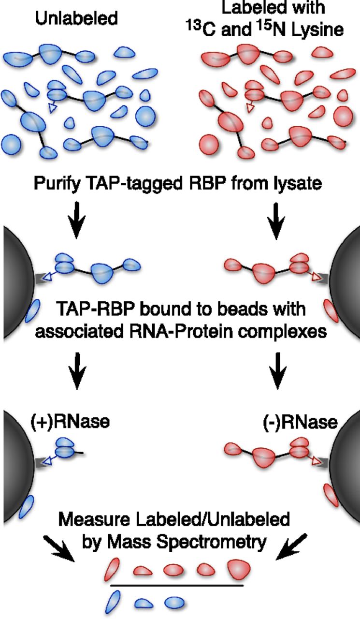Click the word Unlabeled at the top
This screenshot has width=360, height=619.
76,18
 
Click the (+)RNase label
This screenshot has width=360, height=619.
70,421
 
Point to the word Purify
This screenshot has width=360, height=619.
58,183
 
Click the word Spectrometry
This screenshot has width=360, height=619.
212,542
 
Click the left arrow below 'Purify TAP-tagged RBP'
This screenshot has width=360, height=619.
77,220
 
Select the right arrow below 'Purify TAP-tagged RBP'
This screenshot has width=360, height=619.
276,221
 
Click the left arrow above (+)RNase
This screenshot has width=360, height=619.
77,371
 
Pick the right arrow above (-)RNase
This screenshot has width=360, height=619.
277,371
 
